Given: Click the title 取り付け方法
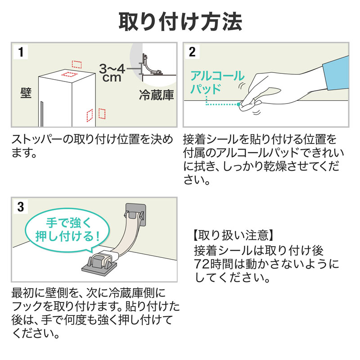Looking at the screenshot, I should point(180,21).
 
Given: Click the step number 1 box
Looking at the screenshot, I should point(20,51).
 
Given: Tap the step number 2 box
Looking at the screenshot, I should point(192,51).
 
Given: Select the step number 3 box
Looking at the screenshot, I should point(20,207).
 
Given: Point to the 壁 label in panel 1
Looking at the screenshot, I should point(26,93).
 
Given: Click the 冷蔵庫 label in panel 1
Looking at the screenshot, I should point(156,96).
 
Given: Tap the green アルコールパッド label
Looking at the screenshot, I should point(217,81).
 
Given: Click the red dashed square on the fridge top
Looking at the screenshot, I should point(69,74).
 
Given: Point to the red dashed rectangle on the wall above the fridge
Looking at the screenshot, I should point(77,63).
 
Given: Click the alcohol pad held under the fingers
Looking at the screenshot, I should point(245,104).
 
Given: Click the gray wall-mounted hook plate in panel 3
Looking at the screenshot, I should point(137,213).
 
